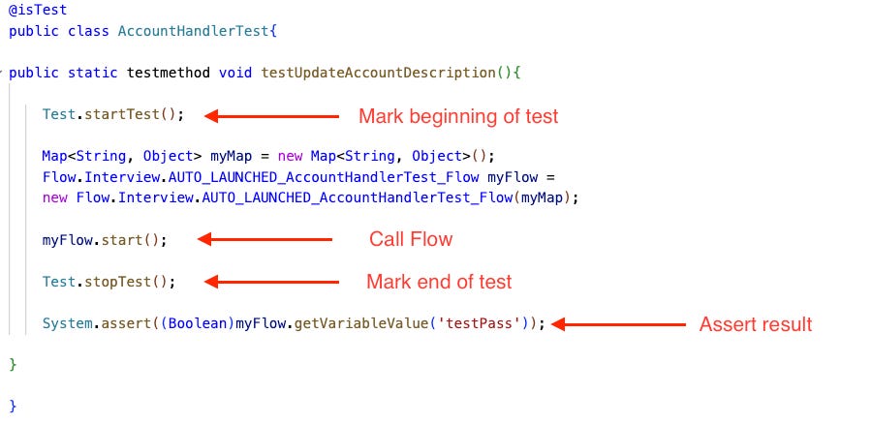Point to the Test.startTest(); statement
pyautogui.click(x=112, y=114)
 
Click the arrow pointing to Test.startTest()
pyautogui.click(x=271, y=116)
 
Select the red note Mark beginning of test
pyautogui.click(x=458, y=116)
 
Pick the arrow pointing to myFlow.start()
pyautogui.click(x=265, y=239)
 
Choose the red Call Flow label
pyautogui.click(x=411, y=239)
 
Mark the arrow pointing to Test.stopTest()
pyautogui.click(x=271, y=282)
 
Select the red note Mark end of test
pyautogui.click(x=439, y=282)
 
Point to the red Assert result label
pyautogui.click(x=756, y=324)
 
